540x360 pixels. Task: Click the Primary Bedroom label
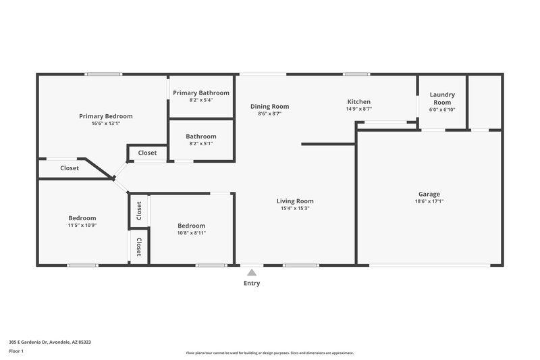[105, 116]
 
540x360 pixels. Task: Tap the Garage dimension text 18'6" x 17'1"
[429, 201]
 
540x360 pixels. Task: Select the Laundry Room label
[443, 99]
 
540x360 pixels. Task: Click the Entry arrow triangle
[252, 272]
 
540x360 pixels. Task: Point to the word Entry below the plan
[252, 284]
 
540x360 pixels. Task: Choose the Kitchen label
[358, 101]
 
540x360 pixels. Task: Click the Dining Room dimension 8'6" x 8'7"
[269, 114]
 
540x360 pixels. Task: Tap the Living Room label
[295, 201]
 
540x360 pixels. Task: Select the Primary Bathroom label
[201, 93]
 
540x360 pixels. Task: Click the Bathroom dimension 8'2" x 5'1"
[201, 144]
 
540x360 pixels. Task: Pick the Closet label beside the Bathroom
[147, 153]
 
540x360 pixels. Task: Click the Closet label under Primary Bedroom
[70, 168]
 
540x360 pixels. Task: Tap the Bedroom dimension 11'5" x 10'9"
[82, 226]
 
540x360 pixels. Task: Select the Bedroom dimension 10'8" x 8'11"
[191, 233]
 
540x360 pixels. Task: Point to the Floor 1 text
[18, 351]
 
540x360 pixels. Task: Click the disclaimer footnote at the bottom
[269, 353]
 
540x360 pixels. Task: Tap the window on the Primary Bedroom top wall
[103, 74]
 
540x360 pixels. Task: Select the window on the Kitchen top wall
[356, 74]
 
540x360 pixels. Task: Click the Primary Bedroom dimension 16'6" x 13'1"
[105, 124]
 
